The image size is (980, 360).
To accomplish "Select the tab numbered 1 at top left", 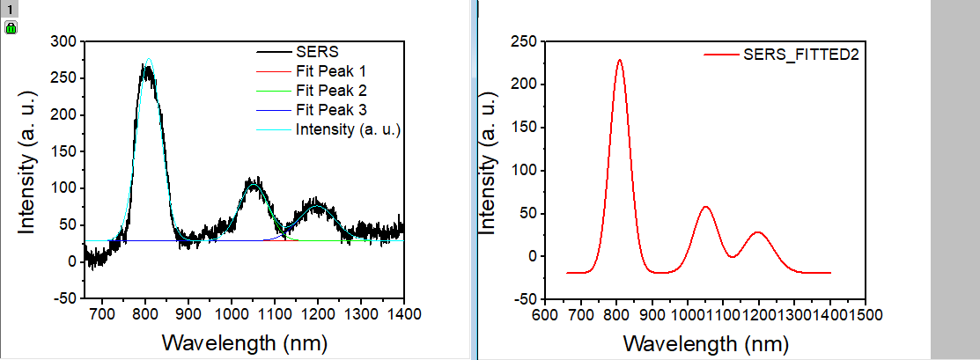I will pyautogui.click(x=10, y=9).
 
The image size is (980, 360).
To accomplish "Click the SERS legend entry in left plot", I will pyautogui.click(x=316, y=50).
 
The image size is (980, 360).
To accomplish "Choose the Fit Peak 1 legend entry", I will pyautogui.click(x=330, y=70).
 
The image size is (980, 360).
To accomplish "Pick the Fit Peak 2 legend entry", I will pyautogui.click(x=330, y=90).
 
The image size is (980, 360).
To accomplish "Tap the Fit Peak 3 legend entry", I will pyautogui.click(x=330, y=110).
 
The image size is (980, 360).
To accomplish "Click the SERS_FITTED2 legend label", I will pyautogui.click(x=800, y=55).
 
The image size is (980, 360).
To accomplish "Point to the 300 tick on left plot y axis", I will pyautogui.click(x=63, y=41).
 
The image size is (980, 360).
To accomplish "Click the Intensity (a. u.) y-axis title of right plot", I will pyautogui.click(x=486, y=169).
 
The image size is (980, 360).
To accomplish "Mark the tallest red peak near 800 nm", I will pyautogui.click(x=620, y=61).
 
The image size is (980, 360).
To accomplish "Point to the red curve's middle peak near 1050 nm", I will pyautogui.click(x=705, y=207).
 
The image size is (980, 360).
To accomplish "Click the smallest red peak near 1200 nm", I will pyautogui.click(x=757, y=232).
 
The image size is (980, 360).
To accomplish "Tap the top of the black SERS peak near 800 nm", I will pyautogui.click(x=147, y=67).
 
